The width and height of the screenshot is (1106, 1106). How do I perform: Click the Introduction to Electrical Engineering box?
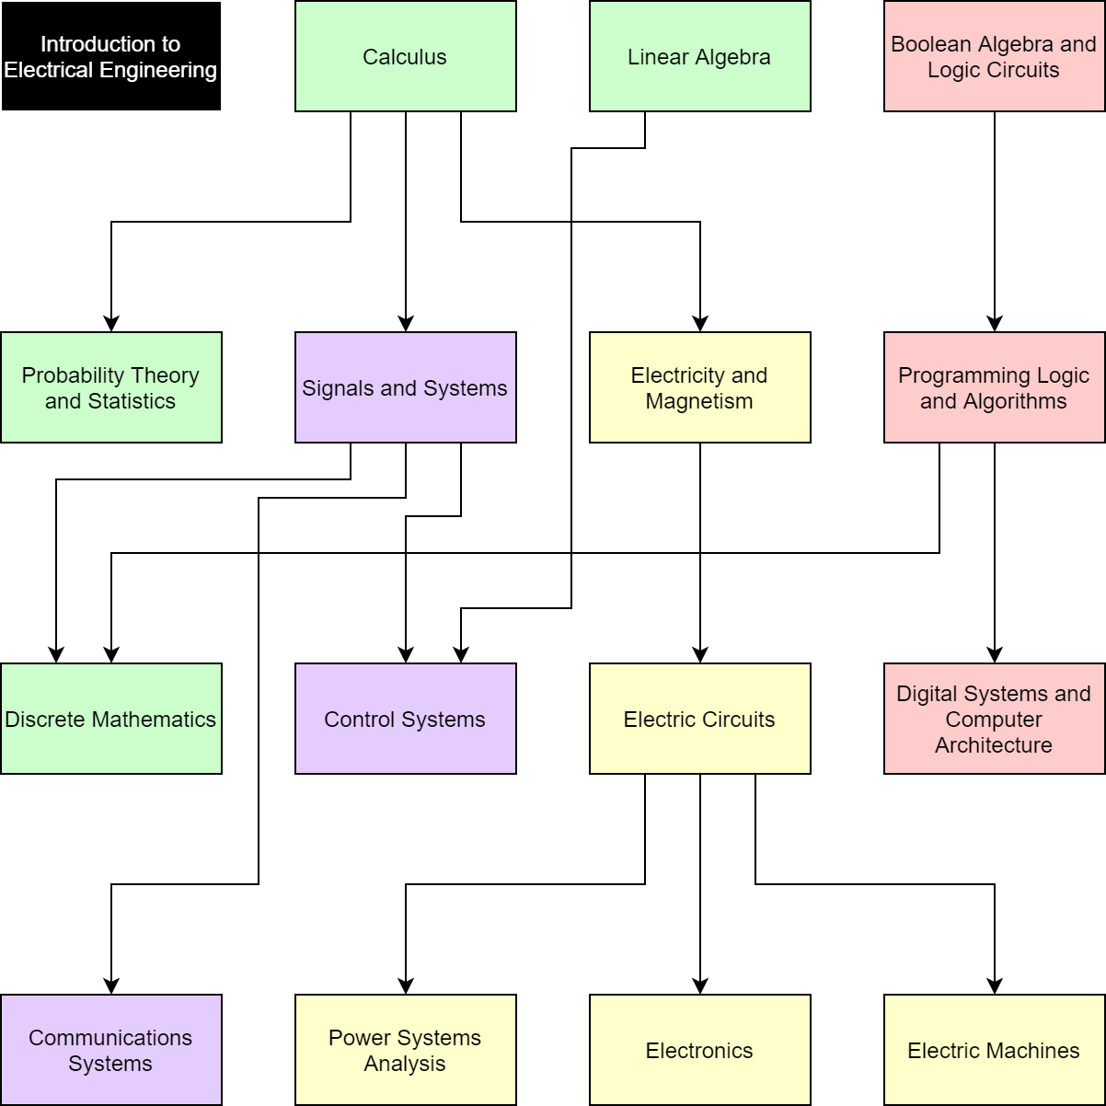[110, 57]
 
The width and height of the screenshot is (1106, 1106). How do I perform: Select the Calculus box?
[405, 57]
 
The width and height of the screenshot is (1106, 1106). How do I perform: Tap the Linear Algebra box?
[699, 57]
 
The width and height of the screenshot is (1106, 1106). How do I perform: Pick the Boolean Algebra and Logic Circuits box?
[994, 57]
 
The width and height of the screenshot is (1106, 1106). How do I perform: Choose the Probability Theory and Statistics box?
[110, 388]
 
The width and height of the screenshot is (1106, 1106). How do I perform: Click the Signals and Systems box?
[405, 388]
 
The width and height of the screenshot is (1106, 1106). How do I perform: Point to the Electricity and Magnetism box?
[699, 388]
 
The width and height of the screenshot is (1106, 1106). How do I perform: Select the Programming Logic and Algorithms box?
[994, 388]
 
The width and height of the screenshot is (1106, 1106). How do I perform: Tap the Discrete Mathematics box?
[110, 720]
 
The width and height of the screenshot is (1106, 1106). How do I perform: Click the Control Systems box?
[405, 720]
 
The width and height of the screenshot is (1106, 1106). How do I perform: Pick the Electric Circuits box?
[699, 720]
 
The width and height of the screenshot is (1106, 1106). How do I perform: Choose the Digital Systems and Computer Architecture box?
[994, 720]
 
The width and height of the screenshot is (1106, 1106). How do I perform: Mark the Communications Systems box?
[110, 1051]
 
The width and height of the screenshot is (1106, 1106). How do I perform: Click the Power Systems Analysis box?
[405, 1051]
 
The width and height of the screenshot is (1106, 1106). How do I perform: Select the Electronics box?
[699, 1051]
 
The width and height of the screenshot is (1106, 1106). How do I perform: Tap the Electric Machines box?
[994, 1051]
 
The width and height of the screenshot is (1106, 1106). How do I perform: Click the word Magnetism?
[699, 402]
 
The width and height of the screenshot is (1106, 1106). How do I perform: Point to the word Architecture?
[994, 746]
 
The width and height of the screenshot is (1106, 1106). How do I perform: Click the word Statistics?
[131, 402]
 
